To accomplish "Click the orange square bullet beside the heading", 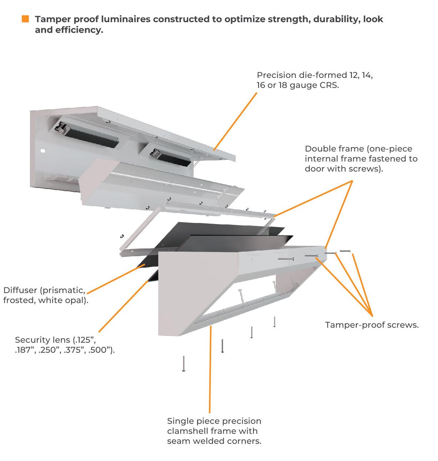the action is click(25, 19).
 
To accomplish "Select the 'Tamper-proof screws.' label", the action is click(372, 325).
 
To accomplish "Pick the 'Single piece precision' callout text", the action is click(214, 421).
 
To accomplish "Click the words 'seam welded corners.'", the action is click(214, 441).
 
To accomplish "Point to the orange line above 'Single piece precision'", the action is click(210, 368).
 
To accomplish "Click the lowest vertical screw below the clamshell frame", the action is click(184, 364).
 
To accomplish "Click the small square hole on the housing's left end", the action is click(43, 150).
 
